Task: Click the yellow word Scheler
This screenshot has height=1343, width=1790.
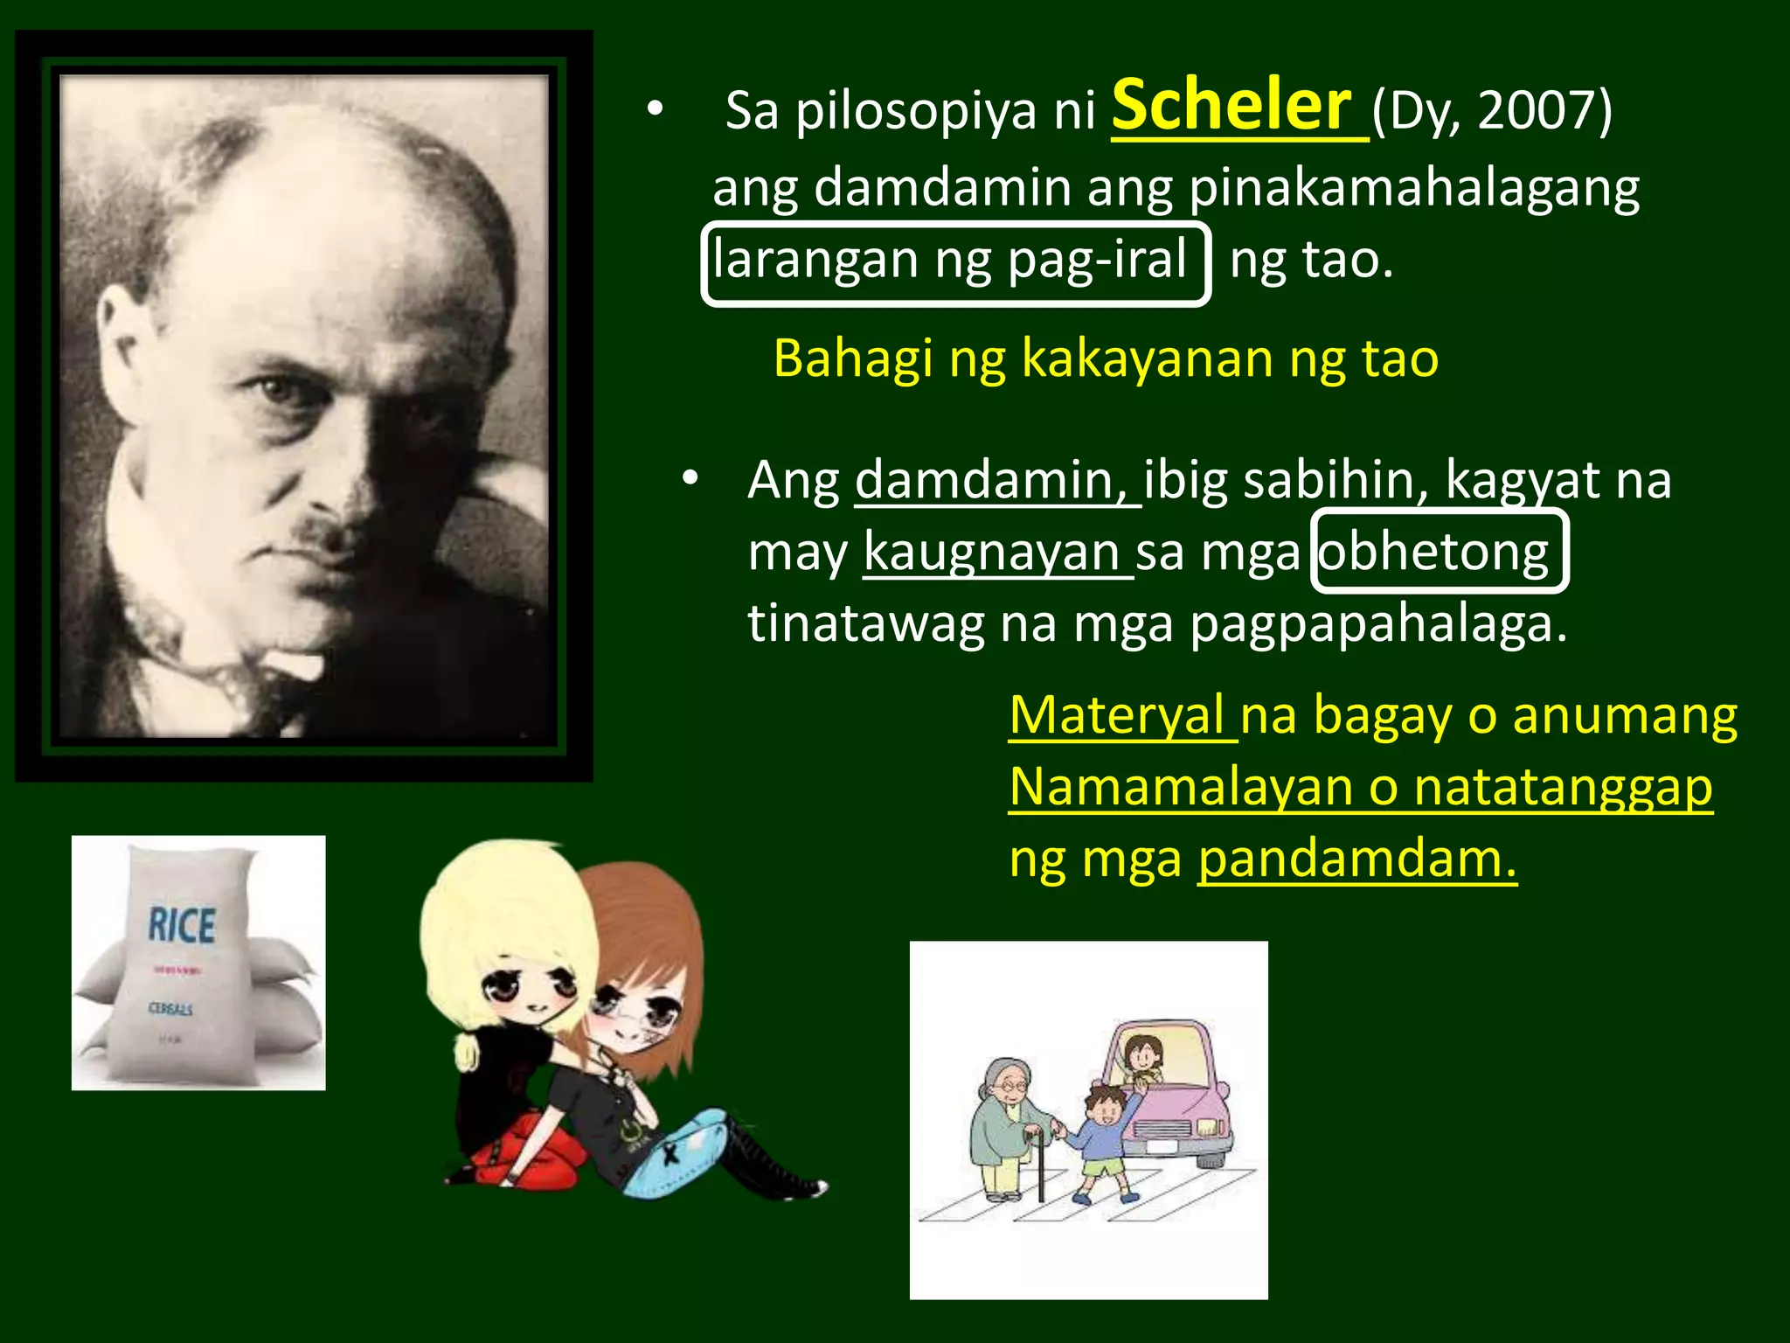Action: pyautogui.click(x=1232, y=107)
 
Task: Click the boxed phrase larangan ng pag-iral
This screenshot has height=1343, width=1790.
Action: pyautogui.click(x=954, y=261)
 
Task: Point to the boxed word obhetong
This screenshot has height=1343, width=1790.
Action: pyautogui.click(x=1439, y=553)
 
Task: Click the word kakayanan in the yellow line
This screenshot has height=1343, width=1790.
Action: pyautogui.click(x=1146, y=358)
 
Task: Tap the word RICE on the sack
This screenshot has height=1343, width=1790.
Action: pyautogui.click(x=182, y=925)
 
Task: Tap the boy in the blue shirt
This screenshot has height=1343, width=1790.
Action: pyautogui.click(x=1103, y=1137)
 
